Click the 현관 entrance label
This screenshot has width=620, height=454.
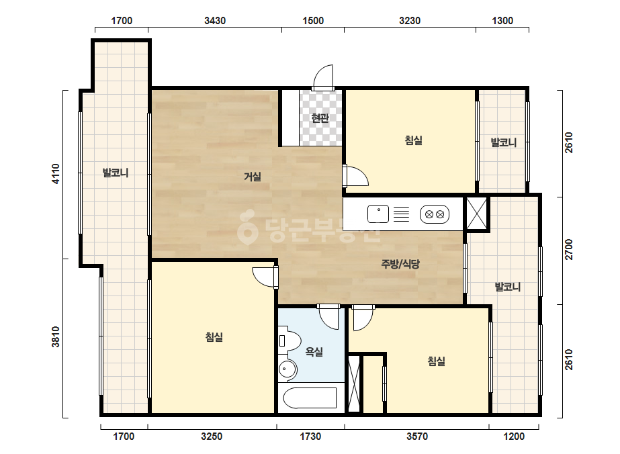coord(320,118)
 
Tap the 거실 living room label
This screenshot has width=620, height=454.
coord(253,177)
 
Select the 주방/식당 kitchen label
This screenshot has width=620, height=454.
coord(400,264)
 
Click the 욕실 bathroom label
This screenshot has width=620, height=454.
coord(314,351)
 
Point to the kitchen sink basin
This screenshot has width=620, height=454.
coord(378,214)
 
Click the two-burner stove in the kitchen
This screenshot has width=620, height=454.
coord(435,214)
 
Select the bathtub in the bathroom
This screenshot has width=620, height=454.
coord(310,398)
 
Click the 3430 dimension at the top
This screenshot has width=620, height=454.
coord(215,21)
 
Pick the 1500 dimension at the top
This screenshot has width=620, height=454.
coord(313,21)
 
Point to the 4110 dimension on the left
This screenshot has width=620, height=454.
coord(56,174)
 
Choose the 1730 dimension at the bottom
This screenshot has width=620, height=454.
coord(310,437)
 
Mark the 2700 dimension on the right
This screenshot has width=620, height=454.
coord(568,250)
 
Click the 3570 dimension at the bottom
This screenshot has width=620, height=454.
coord(417,437)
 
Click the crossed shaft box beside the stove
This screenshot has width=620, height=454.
coord(476,214)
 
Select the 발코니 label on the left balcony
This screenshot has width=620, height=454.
coord(116,173)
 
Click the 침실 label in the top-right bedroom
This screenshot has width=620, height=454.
coord(414,140)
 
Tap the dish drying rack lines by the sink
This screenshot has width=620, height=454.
coord(401,214)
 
